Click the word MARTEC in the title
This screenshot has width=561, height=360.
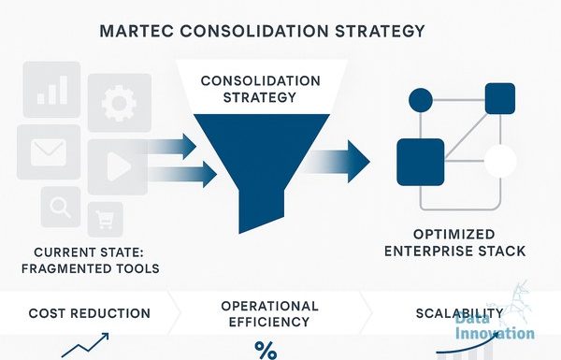tap(137, 31)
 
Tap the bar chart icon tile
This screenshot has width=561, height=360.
tap(51, 90)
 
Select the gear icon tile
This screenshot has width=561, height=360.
tap(120, 103)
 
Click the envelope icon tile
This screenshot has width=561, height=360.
tap(49, 152)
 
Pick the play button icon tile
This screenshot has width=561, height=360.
tap(118, 166)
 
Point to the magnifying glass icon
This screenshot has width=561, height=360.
tap(60, 207)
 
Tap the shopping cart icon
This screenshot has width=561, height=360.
tap(105, 219)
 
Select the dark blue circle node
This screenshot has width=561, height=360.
tap(421, 100)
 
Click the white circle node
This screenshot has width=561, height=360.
tap(500, 161)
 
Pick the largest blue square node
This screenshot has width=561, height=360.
tap(421, 162)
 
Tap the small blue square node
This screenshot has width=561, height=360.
tap(500, 98)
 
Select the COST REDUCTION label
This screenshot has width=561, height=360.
tap(90, 313)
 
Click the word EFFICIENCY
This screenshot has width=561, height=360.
tap(269, 322)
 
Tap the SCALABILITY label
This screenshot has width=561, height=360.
tap(459, 313)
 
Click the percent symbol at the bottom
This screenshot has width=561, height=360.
tap(266, 351)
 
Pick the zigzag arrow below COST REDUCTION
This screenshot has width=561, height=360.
tap(85, 345)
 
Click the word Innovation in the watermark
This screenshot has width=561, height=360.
tap(495, 334)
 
